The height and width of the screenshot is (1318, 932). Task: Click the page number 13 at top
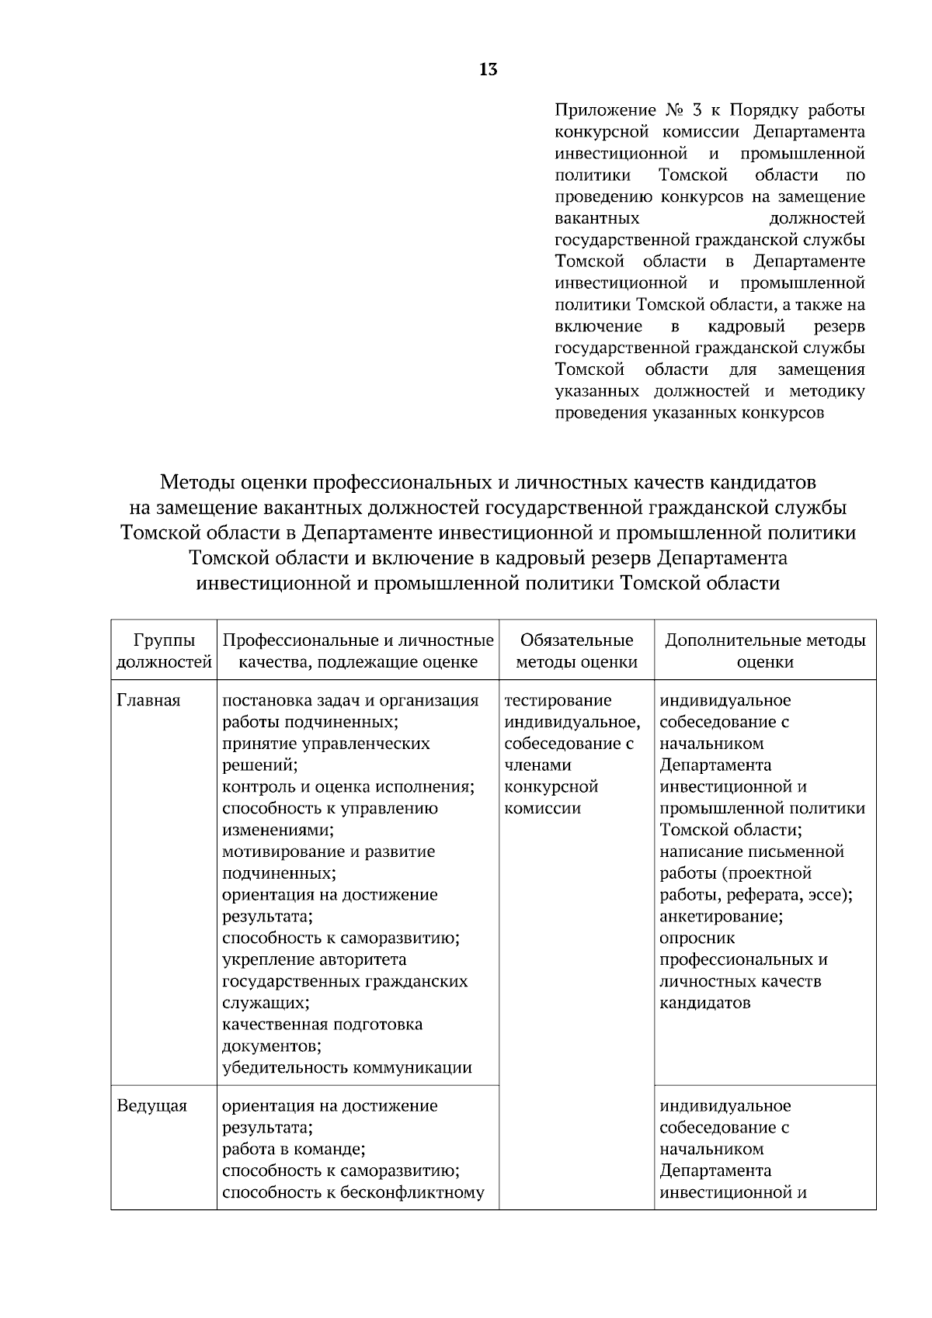488,70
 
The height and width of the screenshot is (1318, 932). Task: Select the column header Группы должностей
164,650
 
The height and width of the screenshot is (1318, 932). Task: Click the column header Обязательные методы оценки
576,650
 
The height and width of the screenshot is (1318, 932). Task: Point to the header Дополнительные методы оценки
765,650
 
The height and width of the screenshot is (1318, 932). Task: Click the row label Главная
148,700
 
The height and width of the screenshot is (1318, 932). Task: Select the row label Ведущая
151,1105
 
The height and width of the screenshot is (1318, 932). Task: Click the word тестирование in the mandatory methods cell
558,700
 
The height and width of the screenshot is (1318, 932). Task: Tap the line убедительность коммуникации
347,1067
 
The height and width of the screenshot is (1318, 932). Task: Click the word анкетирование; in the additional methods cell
721,916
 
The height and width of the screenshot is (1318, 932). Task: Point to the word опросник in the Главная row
697,938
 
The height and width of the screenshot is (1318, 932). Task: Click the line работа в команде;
294,1149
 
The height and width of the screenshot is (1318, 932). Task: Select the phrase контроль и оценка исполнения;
348,786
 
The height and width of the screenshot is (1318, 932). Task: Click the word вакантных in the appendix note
597,219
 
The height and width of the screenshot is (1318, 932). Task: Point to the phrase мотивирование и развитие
329,851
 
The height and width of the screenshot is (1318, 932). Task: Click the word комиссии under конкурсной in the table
542,808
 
